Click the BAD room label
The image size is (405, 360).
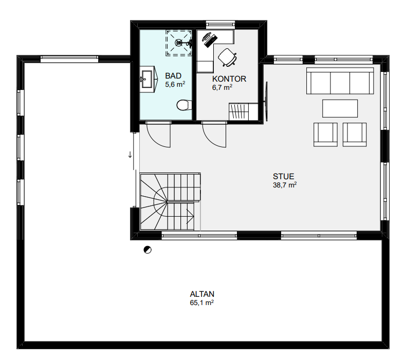(x=173, y=76)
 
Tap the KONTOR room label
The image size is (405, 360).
(x=229, y=79)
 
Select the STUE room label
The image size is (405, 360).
(x=283, y=177)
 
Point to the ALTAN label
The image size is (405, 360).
(x=202, y=294)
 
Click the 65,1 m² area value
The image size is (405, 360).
(x=201, y=302)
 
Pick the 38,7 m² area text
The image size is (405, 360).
(x=285, y=185)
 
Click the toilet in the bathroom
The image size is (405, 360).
(x=185, y=105)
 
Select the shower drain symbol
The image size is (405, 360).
(x=178, y=43)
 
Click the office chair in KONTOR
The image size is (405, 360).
(x=227, y=58)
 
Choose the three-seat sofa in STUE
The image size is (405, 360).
(x=340, y=81)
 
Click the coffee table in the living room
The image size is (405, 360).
(x=340, y=108)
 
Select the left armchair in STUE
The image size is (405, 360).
(x=325, y=135)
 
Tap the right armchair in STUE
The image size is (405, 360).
(x=355, y=135)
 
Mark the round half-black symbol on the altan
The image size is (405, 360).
(x=148, y=250)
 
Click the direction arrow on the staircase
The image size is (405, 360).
(x=190, y=216)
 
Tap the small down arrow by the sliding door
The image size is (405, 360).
(x=130, y=155)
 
